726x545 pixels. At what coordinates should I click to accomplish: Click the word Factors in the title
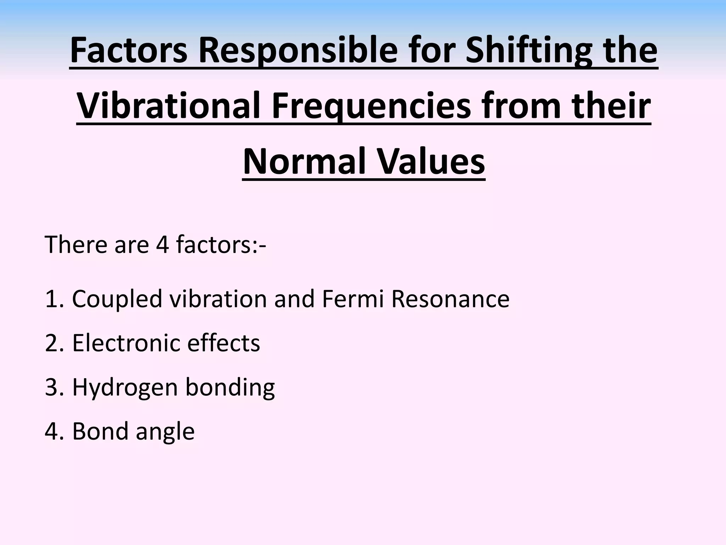(128, 51)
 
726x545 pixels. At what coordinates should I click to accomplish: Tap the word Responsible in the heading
(297, 51)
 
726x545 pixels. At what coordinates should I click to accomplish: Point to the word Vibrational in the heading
(170, 106)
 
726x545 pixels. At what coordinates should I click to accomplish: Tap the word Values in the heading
(430, 162)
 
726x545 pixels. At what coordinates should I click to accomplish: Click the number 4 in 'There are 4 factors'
(162, 244)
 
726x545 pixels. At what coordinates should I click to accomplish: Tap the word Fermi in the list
(353, 299)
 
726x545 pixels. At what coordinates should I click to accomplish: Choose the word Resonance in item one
(450, 299)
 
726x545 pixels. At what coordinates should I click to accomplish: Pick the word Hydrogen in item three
(125, 387)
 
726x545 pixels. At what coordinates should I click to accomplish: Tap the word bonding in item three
(230, 387)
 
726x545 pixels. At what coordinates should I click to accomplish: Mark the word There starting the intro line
(76, 244)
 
